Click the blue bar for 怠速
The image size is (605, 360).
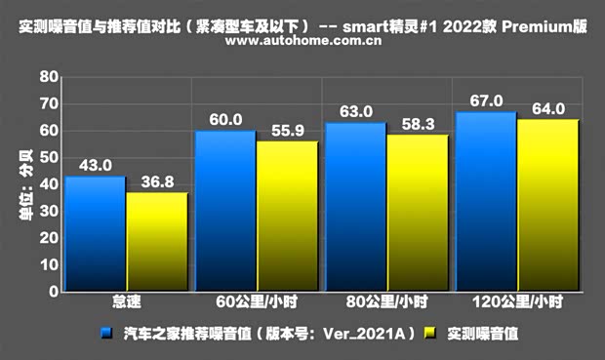[x=95, y=234]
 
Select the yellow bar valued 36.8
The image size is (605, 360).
[x=156, y=242]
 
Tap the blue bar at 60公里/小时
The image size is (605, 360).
[x=225, y=211]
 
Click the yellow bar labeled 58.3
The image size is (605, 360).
[x=417, y=213]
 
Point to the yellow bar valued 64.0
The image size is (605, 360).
[x=547, y=206]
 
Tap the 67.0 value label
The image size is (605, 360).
[x=486, y=101]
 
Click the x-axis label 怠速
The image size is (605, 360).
[x=125, y=303]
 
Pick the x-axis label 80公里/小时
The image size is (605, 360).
[x=387, y=303]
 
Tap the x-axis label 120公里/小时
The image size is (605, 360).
[x=517, y=303]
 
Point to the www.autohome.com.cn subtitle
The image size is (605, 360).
[x=302, y=43]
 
